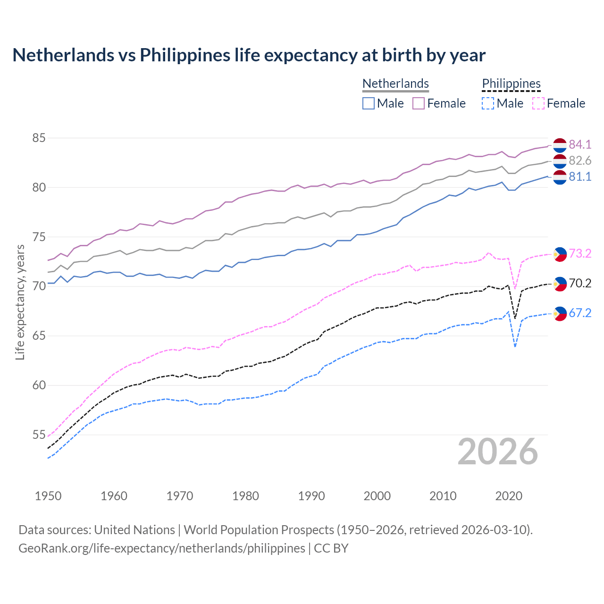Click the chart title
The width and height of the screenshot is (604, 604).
[249, 55]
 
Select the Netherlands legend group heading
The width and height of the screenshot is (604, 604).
[395, 84]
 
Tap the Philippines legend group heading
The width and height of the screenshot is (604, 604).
[511, 84]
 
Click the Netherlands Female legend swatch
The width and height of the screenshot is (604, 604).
[419, 103]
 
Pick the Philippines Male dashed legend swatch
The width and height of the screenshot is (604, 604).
[488, 103]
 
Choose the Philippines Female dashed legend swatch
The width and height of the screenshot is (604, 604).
[538, 103]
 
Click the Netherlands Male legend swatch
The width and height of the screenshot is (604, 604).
[369, 103]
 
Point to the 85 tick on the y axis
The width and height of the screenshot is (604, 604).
[39, 138]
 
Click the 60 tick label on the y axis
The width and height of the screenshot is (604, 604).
[39, 386]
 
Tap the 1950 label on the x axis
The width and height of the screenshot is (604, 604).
[48, 496]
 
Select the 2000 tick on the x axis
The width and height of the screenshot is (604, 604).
[377, 496]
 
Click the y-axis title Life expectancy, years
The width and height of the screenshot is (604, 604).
[20, 302]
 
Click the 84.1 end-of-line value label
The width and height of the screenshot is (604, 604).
[580, 145]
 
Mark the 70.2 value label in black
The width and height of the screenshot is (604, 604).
[580, 283]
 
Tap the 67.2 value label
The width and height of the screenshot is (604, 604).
[580, 313]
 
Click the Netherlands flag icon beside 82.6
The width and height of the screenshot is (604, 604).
[560, 161]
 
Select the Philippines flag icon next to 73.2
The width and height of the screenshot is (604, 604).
[560, 254]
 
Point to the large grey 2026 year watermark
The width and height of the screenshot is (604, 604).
[497, 452]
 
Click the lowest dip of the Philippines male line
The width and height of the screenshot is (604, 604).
[515, 347]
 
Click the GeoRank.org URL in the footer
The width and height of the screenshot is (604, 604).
[162, 548]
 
